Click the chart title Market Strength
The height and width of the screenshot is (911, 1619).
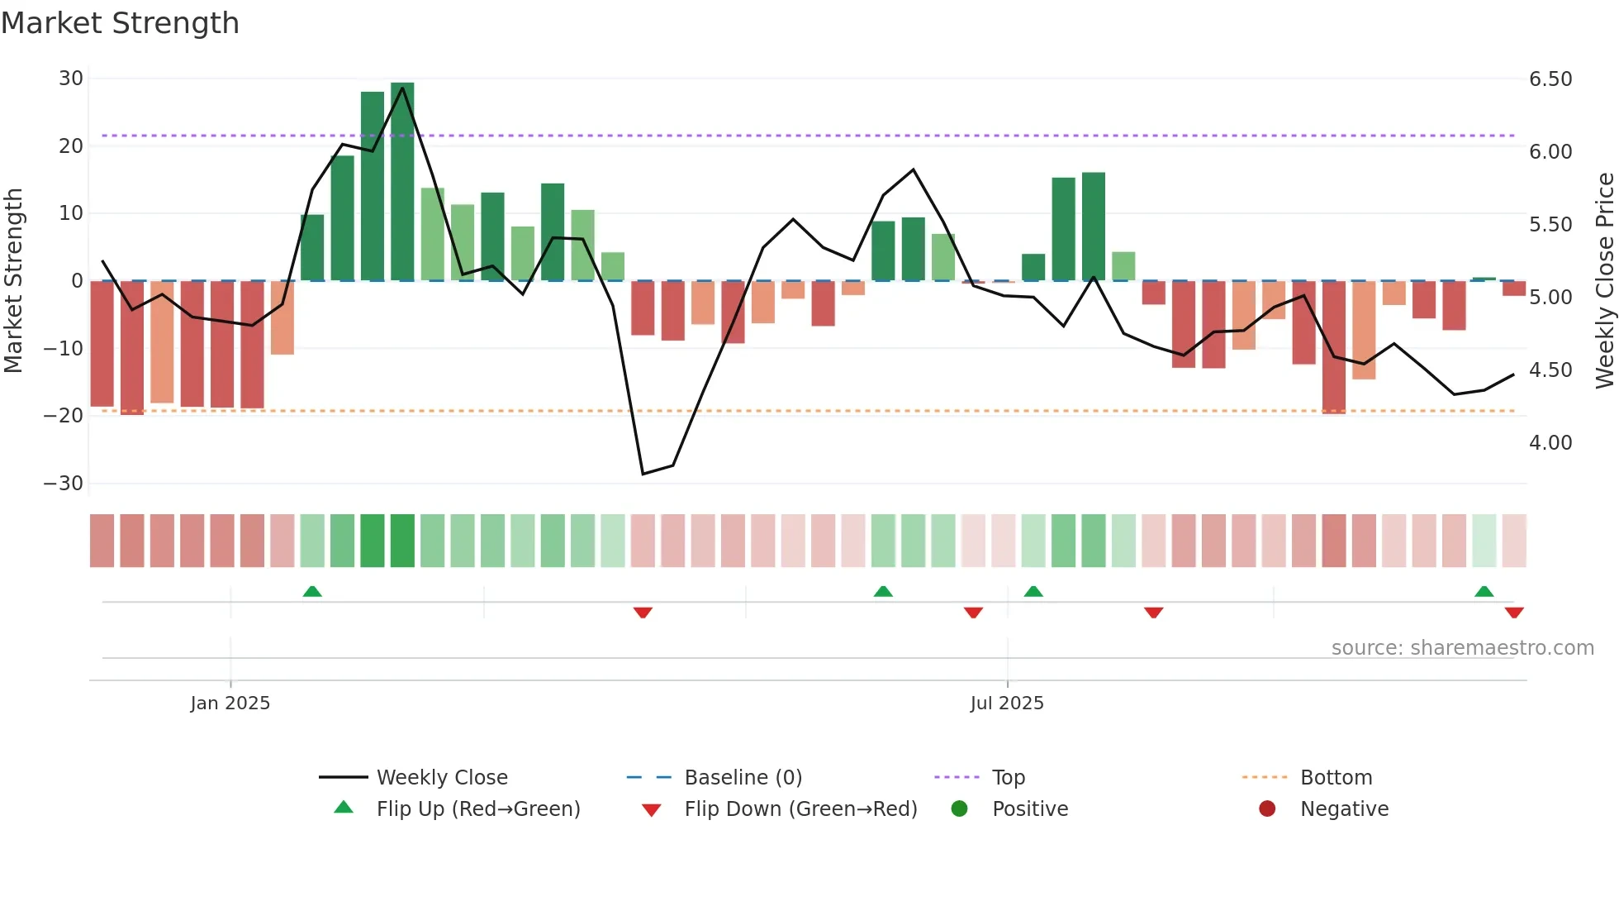(120, 23)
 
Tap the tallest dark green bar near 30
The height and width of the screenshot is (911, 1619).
(402, 181)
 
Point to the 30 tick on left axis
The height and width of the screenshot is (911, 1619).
(71, 79)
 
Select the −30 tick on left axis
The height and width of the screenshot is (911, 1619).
(64, 484)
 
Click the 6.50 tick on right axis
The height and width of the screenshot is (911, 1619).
(1550, 79)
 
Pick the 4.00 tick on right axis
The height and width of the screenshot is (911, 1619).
(1550, 443)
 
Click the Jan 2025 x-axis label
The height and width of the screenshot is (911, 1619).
(230, 704)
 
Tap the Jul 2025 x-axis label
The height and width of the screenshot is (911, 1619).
(1007, 704)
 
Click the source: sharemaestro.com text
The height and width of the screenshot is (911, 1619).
(1462, 648)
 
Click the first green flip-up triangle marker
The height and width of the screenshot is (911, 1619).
(312, 592)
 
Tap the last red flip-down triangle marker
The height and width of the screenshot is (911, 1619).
(1514, 613)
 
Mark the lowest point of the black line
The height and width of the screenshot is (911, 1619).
(643, 474)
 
